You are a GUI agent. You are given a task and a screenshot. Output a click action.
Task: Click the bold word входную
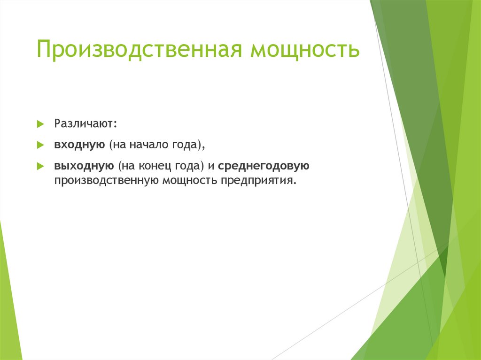pos(79,145)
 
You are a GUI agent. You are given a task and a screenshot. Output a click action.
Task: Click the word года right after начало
pos(186,145)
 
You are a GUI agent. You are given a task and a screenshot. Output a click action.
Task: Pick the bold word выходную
pos(83,166)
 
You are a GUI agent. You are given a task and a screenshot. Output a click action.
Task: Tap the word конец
pos(156,166)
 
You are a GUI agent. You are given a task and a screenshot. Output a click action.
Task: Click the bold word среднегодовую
pos(263,166)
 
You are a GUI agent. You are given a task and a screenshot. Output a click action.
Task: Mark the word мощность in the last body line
pos(188,181)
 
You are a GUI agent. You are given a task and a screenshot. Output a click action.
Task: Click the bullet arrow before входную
pos(40,146)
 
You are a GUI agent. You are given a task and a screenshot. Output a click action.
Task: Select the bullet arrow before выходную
pos(40,166)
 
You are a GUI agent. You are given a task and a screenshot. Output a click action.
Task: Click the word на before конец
pos(128,166)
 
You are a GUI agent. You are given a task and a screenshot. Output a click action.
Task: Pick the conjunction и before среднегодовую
pos(211,166)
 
